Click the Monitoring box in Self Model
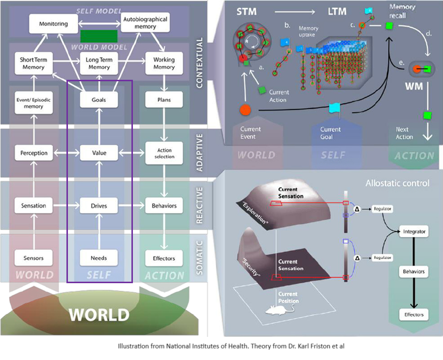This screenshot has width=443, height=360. [x=48, y=24]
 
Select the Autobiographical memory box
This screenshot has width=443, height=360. [x=145, y=23]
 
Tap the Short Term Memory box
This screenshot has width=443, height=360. [x=33, y=64]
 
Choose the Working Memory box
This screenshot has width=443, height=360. [x=164, y=64]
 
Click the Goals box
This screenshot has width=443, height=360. [x=99, y=100]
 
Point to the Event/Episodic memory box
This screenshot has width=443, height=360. [x=33, y=100]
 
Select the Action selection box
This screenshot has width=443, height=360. [x=164, y=153]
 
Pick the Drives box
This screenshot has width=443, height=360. [x=99, y=205]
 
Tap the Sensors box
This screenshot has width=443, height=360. [x=33, y=258]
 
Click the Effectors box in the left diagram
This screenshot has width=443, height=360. [x=164, y=258]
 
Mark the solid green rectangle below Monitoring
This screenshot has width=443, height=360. [x=99, y=36]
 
